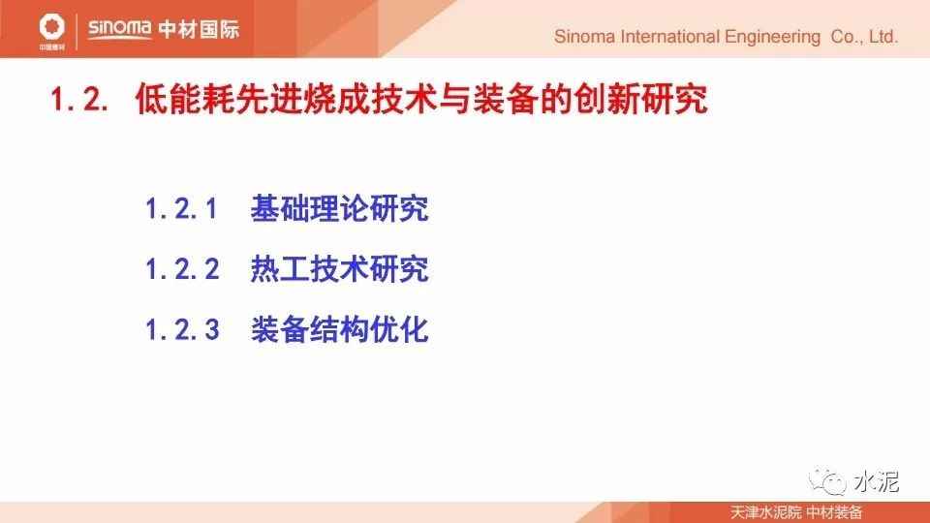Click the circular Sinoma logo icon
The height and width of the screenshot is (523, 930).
[x=51, y=27]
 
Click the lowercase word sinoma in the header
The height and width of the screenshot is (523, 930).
[x=120, y=28]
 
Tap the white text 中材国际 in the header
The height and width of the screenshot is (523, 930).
[x=199, y=28]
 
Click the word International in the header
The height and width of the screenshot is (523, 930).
[x=669, y=37]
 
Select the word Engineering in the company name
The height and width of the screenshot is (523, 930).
[x=772, y=38]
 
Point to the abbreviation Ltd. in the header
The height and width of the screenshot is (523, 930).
[x=883, y=37]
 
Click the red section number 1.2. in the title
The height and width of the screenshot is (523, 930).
[x=79, y=99]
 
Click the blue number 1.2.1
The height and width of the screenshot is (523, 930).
[x=181, y=209]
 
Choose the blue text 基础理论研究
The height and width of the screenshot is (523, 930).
[x=339, y=209]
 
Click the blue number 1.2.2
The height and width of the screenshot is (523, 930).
[x=182, y=269]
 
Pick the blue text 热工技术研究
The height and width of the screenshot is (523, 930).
[x=339, y=269]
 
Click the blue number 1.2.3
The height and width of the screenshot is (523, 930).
[x=182, y=329]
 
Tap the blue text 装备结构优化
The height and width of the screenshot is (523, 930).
[x=339, y=329]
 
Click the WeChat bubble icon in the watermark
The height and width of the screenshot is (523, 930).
[x=827, y=481]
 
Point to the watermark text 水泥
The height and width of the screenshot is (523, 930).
[x=877, y=481]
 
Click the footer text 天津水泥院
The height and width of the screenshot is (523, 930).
[x=765, y=512]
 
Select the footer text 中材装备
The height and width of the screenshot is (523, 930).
[x=834, y=512]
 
